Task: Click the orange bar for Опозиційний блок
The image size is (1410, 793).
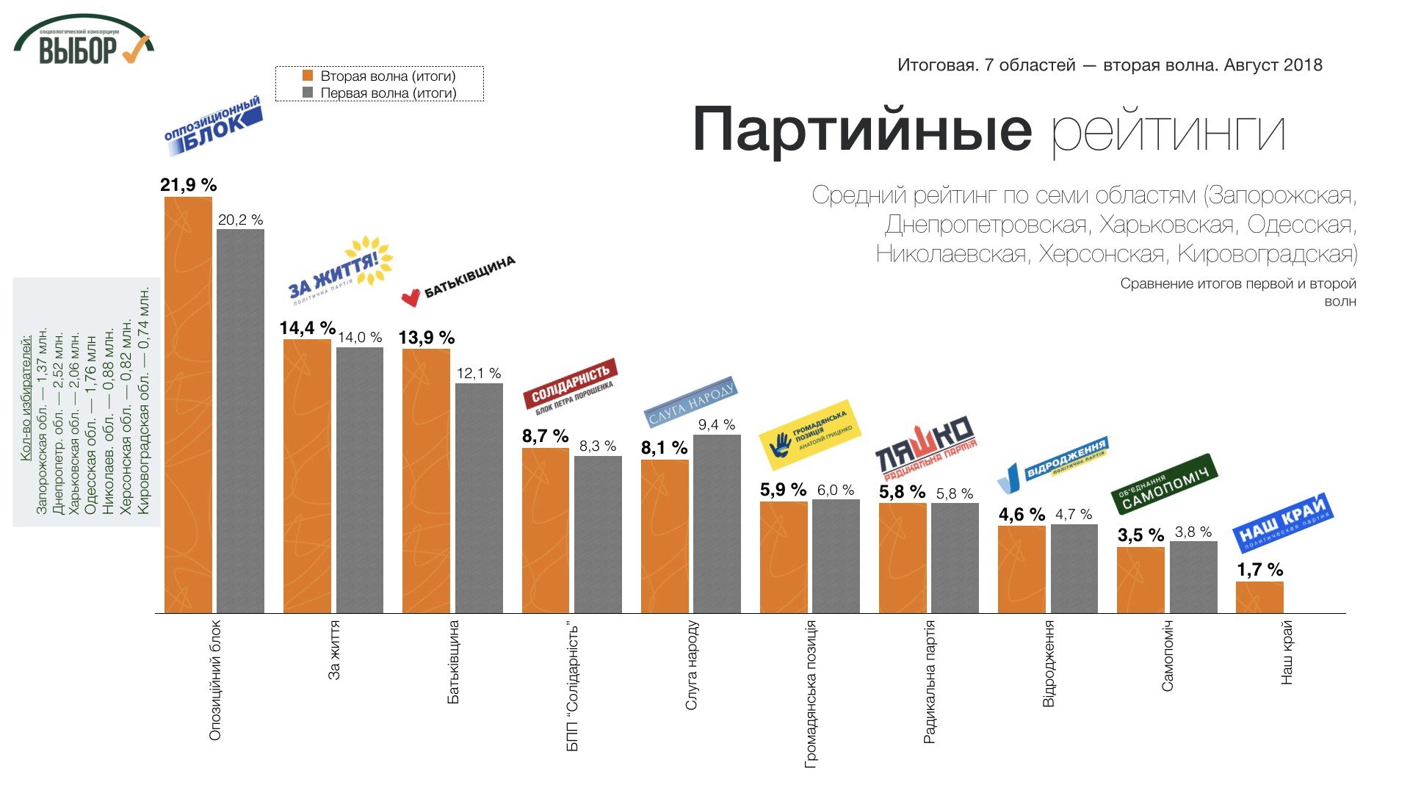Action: click(188, 404)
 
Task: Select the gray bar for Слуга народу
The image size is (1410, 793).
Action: click(717, 524)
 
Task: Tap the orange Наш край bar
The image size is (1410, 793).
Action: click(1259, 597)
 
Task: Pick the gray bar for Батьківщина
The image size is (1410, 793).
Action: click(479, 498)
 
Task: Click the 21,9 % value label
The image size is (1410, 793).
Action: click(189, 185)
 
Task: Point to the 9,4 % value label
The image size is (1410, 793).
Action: click(716, 425)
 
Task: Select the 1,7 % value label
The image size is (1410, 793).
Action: click(1259, 570)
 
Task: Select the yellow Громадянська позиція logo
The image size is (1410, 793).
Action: click(809, 435)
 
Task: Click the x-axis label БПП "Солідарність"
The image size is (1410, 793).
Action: click(573, 687)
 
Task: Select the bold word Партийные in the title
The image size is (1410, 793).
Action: click(862, 129)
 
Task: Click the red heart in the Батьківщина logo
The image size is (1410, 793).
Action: click(411, 297)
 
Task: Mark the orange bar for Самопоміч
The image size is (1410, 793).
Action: click(1140, 580)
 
